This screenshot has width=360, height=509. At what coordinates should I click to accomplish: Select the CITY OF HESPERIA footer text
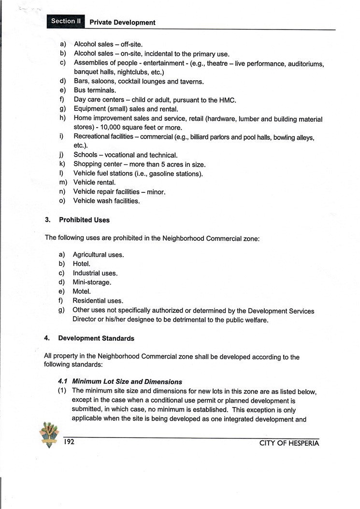(289, 444)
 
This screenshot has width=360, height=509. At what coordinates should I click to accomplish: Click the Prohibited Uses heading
(84, 220)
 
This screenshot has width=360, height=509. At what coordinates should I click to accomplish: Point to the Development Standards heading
(96, 338)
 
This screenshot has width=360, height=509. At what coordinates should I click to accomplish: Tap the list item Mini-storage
(92, 282)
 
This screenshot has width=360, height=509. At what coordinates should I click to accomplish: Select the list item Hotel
(82, 264)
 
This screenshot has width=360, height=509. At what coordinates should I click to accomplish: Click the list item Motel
(82, 291)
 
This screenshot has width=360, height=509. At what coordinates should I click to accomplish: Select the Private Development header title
(123, 22)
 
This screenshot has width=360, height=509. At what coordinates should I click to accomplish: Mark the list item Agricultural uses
(98, 255)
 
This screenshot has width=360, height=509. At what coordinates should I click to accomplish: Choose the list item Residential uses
(98, 301)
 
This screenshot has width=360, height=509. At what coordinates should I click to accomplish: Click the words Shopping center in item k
(96, 164)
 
